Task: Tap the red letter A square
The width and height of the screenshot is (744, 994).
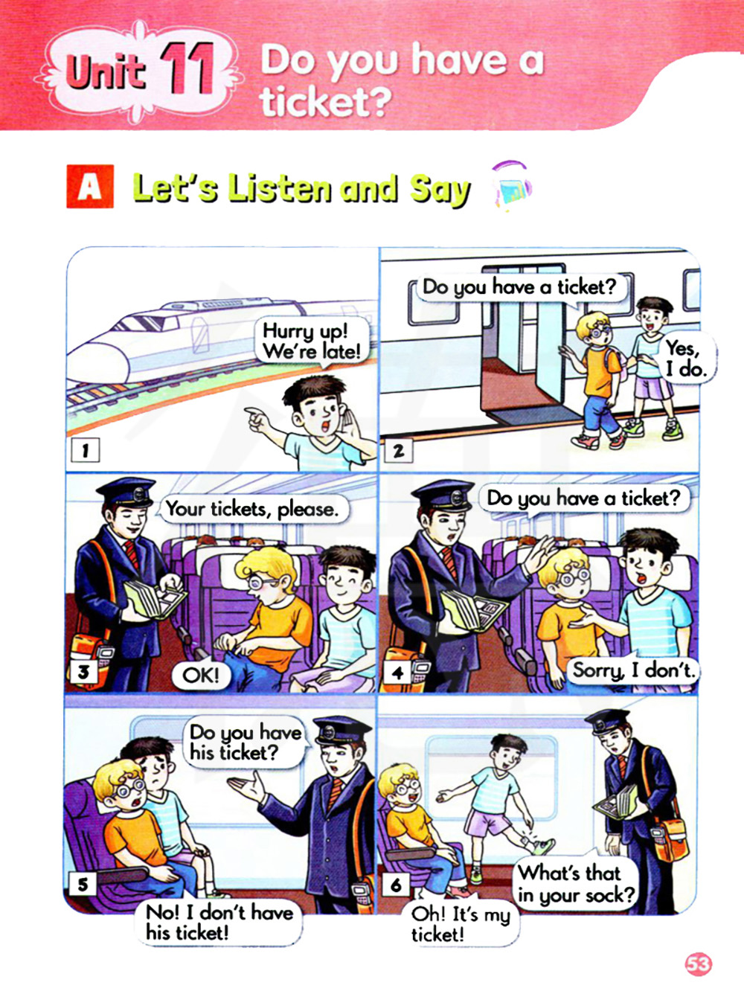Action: click(90, 186)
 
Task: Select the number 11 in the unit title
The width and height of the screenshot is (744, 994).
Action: click(187, 69)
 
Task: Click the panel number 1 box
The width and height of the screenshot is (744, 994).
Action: click(85, 449)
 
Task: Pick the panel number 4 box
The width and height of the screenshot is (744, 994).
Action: click(397, 673)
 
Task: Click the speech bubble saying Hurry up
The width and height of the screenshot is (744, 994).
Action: click(312, 342)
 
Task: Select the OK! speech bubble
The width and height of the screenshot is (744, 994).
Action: click(201, 676)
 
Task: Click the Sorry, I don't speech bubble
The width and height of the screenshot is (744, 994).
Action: click(633, 670)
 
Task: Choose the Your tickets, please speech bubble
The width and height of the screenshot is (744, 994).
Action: click(253, 510)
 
